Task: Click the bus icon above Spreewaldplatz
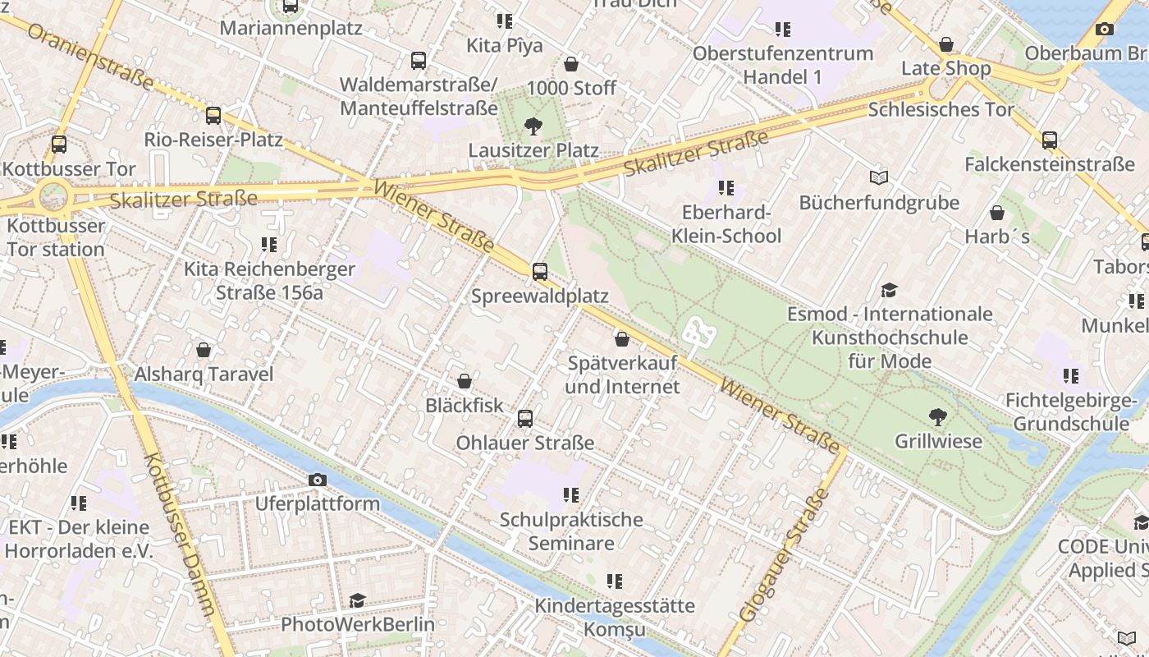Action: pyautogui.click(x=540, y=272)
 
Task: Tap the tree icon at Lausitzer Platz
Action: pyautogui.click(x=533, y=126)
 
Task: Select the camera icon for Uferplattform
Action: pyautogui.click(x=318, y=480)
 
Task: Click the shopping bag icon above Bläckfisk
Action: pyautogui.click(x=465, y=381)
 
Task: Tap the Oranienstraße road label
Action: pyautogui.click(x=90, y=56)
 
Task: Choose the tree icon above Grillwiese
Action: pyautogui.click(x=937, y=417)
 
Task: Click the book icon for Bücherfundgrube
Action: pyautogui.click(x=879, y=177)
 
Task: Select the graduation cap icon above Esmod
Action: pyautogui.click(x=890, y=290)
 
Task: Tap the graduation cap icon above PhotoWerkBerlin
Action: pyautogui.click(x=357, y=600)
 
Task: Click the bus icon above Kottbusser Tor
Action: pyautogui.click(x=59, y=145)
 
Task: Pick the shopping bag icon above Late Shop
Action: pyautogui.click(x=946, y=44)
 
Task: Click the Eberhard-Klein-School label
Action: pyautogui.click(x=726, y=224)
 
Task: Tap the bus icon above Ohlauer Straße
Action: pyautogui.click(x=525, y=419)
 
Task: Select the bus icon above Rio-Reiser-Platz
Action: pyautogui.click(x=213, y=116)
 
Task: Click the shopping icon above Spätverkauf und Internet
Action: pyautogui.click(x=622, y=338)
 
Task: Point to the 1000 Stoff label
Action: pyautogui.click(x=571, y=88)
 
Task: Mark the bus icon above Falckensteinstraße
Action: pyautogui.click(x=1050, y=140)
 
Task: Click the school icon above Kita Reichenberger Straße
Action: pyautogui.click(x=269, y=245)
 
